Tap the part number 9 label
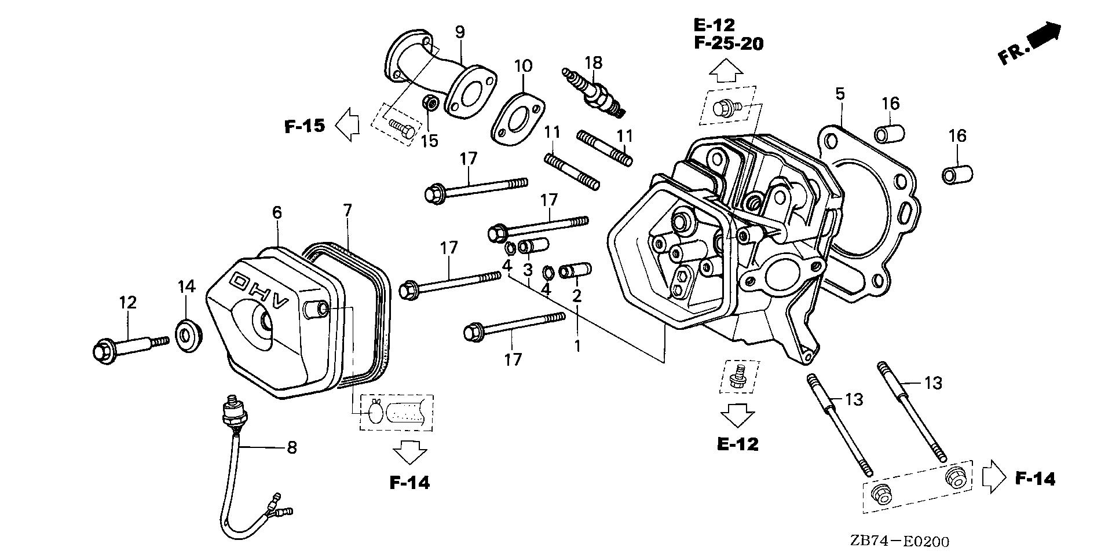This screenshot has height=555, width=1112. pos(460,32)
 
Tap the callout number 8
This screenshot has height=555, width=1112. pos(292,447)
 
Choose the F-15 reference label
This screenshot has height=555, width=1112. pos(305,126)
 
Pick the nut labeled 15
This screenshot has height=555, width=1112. pos(430,105)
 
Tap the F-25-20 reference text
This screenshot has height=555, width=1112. pos(728,43)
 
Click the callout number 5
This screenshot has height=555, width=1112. pos(840,93)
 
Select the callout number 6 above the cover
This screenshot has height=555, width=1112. pos(277,212)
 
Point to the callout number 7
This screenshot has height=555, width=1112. pos(347,210)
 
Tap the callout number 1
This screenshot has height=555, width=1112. pos(577,346)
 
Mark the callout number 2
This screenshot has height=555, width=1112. pos(576,296)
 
